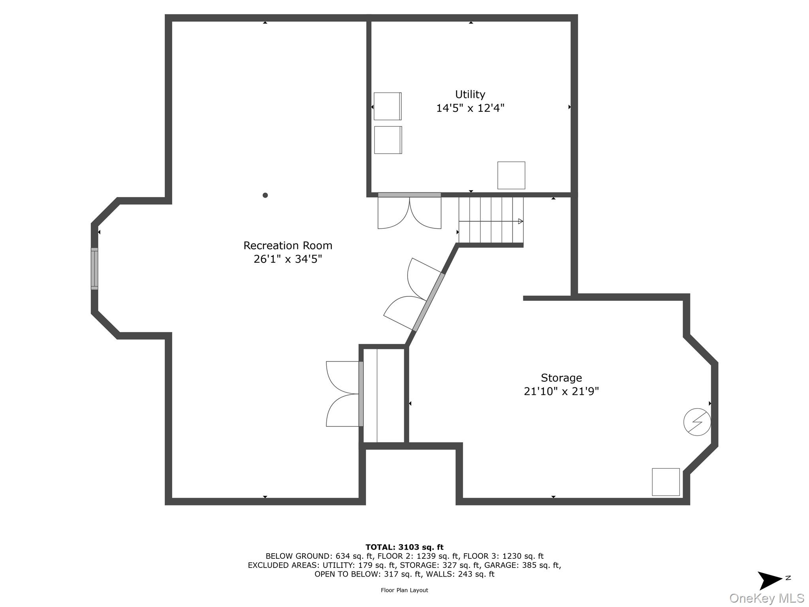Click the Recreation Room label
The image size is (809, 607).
pyautogui.click(x=288, y=245)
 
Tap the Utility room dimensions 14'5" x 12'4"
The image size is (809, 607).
pyautogui.click(x=470, y=108)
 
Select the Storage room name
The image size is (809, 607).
pyautogui.click(x=561, y=378)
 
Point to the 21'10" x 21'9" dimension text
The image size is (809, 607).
pyautogui.click(x=561, y=391)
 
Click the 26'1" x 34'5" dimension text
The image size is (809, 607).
pyautogui.click(x=288, y=259)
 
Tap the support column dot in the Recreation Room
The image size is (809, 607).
pyautogui.click(x=265, y=195)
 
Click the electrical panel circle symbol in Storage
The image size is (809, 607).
pyautogui.click(x=697, y=422)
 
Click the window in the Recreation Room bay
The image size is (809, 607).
pyautogui.click(x=94, y=269)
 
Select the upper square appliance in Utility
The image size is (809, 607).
pyautogui.click(x=388, y=106)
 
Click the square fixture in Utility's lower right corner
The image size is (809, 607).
pyautogui.click(x=511, y=175)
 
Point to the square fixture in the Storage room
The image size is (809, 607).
pyautogui.click(x=666, y=482)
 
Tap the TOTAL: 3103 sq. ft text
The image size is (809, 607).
pyautogui.click(x=404, y=547)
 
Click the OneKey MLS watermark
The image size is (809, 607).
pyautogui.click(x=767, y=598)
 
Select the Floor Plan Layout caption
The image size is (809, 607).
pyautogui.click(x=404, y=590)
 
